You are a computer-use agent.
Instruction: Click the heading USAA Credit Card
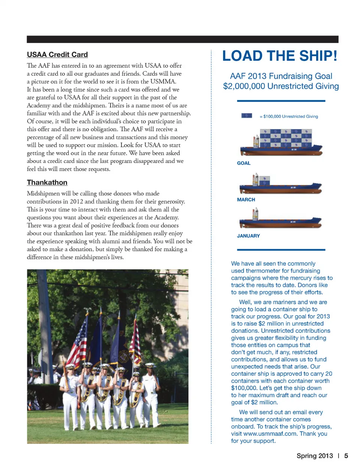click(57, 55)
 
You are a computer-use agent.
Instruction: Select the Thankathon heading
click(47, 183)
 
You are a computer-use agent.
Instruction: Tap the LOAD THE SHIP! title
click(280, 56)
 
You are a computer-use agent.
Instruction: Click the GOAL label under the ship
click(243, 163)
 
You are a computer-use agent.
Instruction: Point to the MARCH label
click(246, 200)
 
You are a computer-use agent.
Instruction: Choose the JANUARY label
click(248, 236)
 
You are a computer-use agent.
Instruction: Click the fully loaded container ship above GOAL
click(281, 143)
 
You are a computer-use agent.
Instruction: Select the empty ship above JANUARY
click(280, 219)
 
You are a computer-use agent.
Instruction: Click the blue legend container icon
click(246, 116)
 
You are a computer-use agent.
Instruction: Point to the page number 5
click(346, 456)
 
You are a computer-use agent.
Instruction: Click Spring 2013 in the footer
click(314, 456)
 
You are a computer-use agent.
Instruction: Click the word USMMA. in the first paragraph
click(163, 81)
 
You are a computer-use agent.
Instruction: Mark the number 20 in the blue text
click(328, 374)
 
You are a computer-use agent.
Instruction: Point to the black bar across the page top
click(182, 39)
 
